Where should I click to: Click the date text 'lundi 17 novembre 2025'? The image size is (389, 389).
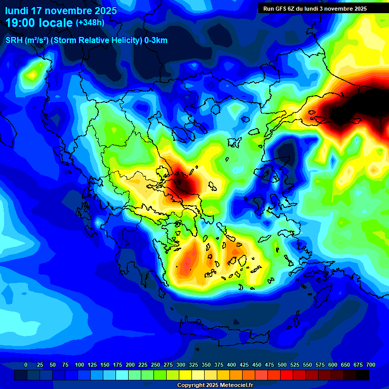pyautogui.click(x=61, y=11)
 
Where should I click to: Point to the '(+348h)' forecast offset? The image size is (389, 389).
pyautogui.click(x=90, y=23)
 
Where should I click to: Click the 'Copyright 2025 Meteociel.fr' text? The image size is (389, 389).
pyautogui.click(x=215, y=385)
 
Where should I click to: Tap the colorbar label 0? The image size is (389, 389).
pyautogui.click(x=26, y=365)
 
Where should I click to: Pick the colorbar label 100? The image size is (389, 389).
pyautogui.click(x=80, y=365)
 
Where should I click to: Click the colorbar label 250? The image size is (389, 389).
pyautogui.click(x=155, y=365)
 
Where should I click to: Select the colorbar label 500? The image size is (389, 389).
pyautogui.click(x=282, y=365)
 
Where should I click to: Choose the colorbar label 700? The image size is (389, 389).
pyautogui.click(x=371, y=365)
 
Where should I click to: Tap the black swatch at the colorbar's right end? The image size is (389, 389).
pyautogui.click(x=363, y=375)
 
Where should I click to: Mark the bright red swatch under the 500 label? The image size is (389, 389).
pyautogui.click(x=287, y=375)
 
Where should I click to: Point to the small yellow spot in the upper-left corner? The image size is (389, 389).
pyautogui.click(x=32, y=75)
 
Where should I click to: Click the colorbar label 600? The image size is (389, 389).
pyautogui.click(x=333, y=365)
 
